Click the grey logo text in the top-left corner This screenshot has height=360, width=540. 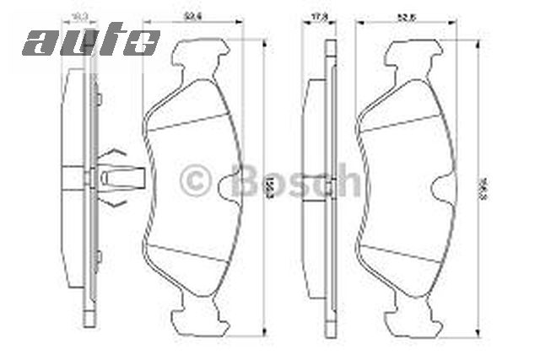(x=91, y=40)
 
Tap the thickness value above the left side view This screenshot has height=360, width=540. (x=81, y=15)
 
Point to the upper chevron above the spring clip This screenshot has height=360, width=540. (x=116, y=153)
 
